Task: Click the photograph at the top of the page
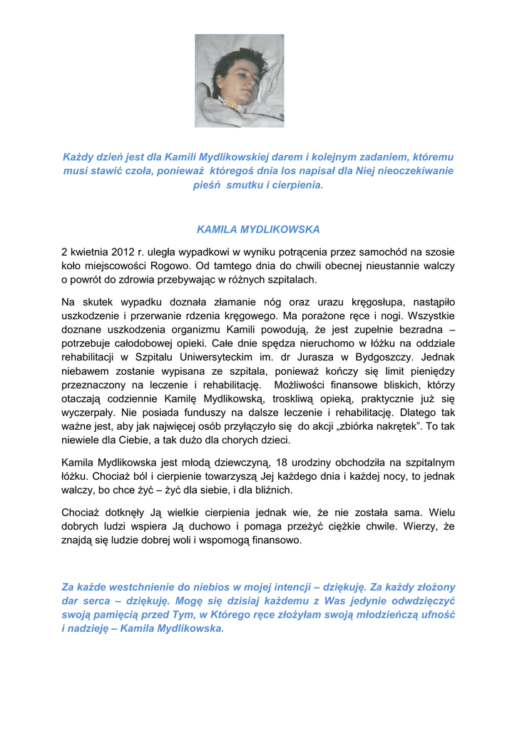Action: tap(239, 81)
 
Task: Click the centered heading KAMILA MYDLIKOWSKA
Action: tap(258, 229)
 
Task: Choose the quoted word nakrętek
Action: tap(372, 426)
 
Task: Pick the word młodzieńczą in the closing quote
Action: tap(387, 615)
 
